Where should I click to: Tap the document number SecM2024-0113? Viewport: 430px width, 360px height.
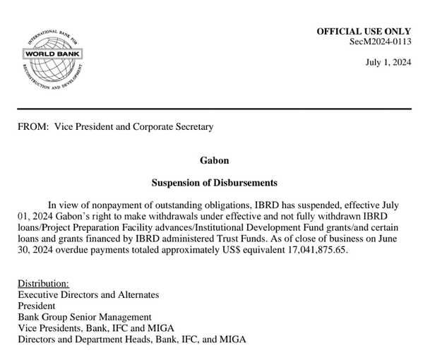[381, 42]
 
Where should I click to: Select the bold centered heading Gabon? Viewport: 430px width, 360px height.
[215, 160]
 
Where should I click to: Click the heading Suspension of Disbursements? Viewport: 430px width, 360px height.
[215, 183]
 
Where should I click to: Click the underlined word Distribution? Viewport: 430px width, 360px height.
[43, 283]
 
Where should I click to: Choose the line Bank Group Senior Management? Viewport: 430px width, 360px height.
[85, 318]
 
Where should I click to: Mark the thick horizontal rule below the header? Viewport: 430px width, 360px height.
[215, 109]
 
